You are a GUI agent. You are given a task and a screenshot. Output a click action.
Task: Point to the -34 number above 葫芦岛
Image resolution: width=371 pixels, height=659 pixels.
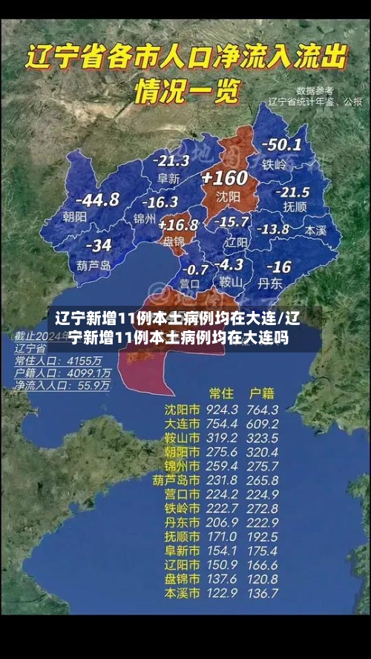(x=98, y=246)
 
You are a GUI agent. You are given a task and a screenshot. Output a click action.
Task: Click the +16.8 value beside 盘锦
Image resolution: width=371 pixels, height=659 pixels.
(x=179, y=224)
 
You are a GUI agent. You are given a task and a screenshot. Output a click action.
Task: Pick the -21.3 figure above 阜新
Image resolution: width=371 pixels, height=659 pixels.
(x=171, y=160)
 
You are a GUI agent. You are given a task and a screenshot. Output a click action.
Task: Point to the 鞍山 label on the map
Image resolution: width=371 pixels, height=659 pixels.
(x=231, y=281)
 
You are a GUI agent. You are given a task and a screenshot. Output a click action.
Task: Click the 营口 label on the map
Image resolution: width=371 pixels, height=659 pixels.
(x=189, y=283)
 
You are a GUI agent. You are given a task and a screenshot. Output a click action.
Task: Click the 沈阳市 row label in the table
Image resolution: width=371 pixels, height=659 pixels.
(x=182, y=410)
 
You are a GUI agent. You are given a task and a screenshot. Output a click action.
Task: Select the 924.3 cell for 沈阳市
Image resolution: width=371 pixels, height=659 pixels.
(x=223, y=410)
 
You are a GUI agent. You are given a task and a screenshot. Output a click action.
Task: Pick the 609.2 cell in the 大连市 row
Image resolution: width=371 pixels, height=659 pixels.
(x=263, y=424)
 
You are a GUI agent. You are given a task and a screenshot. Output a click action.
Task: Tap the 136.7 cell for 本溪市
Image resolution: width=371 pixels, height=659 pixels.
(x=263, y=593)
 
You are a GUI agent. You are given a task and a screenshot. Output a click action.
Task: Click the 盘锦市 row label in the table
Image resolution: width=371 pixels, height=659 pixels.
(x=182, y=579)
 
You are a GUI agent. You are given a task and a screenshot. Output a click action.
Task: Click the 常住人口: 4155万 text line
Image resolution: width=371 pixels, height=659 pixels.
(x=59, y=360)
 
